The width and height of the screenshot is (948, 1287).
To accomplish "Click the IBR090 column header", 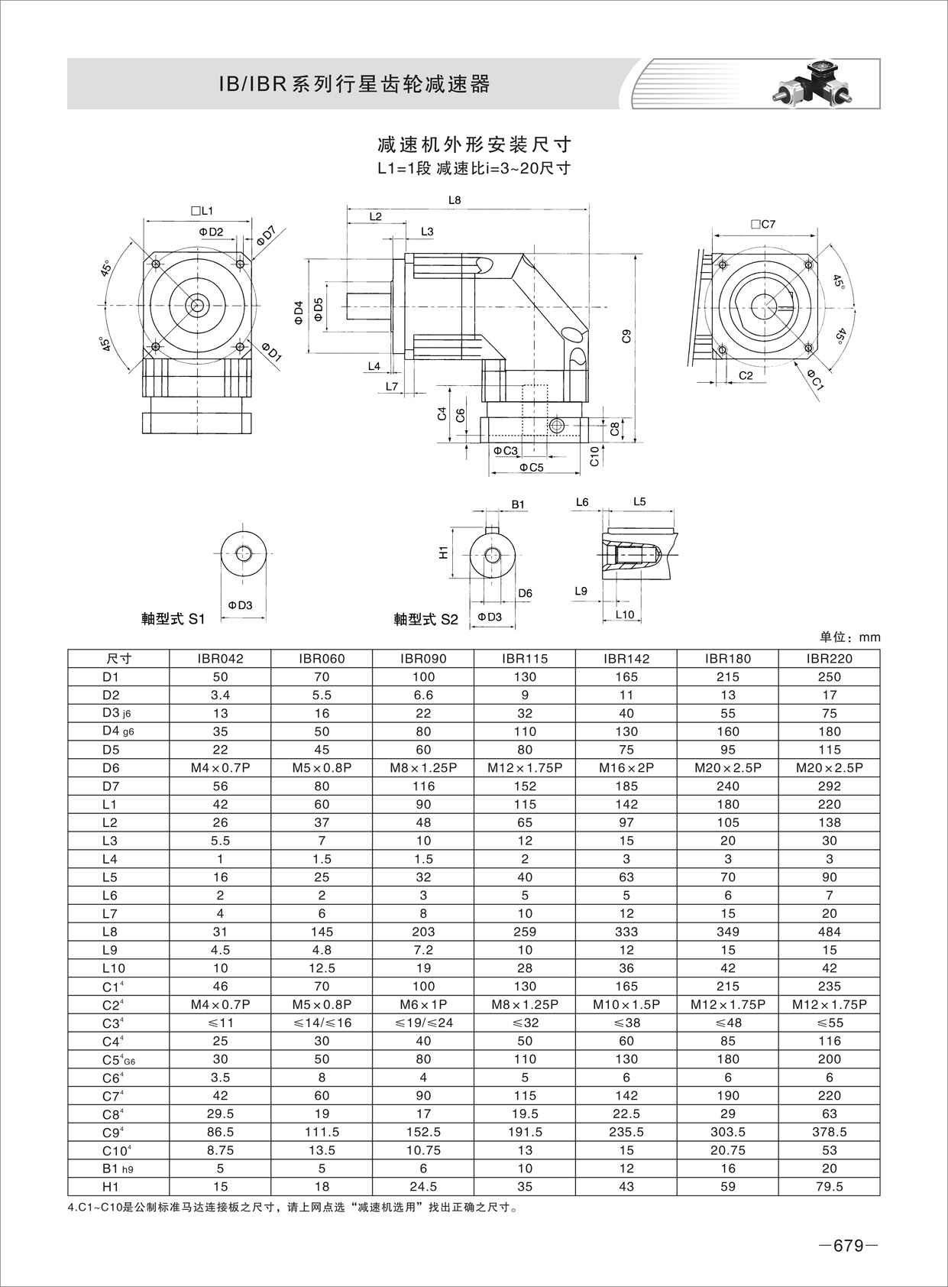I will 423,658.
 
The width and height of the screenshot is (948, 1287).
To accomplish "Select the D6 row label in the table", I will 111,768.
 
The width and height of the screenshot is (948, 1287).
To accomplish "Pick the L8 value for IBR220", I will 829,932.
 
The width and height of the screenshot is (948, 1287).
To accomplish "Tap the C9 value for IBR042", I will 220,1132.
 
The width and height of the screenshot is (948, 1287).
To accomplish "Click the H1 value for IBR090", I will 423,1187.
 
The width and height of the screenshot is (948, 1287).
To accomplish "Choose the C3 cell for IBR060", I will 322,1023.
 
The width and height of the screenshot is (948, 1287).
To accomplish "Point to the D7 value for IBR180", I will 727,786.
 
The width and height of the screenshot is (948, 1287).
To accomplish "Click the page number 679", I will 848,1246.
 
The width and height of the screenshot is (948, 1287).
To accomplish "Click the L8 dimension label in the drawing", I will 455,199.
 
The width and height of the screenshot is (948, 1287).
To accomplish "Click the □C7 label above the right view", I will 762,224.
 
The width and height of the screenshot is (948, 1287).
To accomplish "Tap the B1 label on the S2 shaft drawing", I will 518,504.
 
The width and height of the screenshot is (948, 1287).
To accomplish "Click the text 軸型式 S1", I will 173,619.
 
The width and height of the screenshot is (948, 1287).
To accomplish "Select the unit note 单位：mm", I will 850,637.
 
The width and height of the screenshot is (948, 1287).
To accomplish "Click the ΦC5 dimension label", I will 531,467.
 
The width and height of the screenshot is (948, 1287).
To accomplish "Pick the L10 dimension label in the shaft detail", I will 624,614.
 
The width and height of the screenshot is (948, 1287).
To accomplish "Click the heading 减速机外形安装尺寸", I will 474,144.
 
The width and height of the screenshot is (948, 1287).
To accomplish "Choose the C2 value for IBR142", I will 626,1004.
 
